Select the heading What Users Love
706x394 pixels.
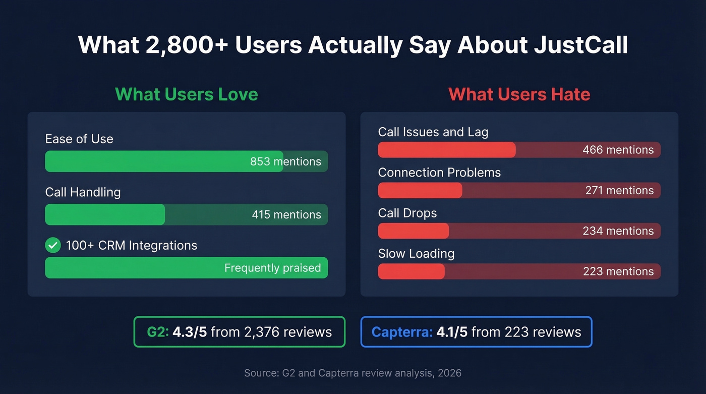[186, 94]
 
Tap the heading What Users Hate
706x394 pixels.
[519, 94]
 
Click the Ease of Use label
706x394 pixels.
[79, 139]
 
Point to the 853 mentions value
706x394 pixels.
[285, 161]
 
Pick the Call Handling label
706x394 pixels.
[83, 192]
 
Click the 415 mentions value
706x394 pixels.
[286, 214]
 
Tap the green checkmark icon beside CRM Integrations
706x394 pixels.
[53, 245]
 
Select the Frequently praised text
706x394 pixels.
[272, 268]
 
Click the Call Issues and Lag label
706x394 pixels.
[433, 132]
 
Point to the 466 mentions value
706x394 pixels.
[618, 150]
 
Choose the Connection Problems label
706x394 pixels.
[439, 173]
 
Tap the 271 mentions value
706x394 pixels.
[619, 190]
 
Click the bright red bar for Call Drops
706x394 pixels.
[413, 231]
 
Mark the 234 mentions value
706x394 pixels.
[618, 231]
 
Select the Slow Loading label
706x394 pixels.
[416, 253]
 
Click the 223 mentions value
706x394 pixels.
[618, 271]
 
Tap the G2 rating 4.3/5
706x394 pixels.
[190, 332]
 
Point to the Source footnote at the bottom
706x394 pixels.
[352, 373]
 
